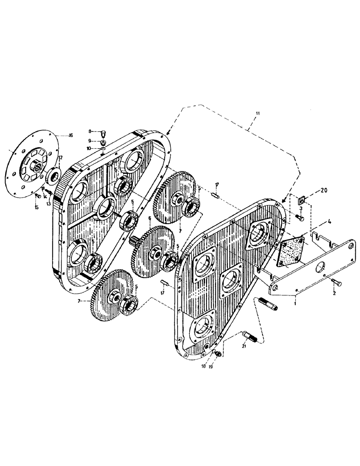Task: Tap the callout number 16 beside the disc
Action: tap(70, 135)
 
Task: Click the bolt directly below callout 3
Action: tap(299, 217)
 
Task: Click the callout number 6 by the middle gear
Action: tap(149, 218)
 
